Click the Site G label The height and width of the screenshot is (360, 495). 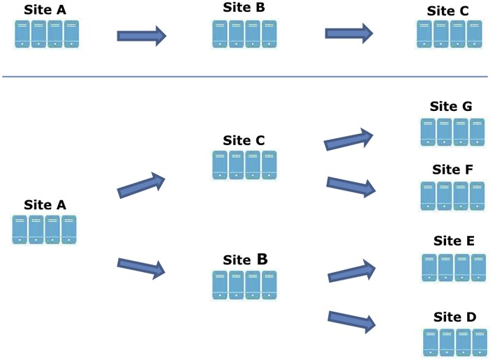[450, 107]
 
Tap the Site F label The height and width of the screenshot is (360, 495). [452, 170]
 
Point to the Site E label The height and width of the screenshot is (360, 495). [454, 241]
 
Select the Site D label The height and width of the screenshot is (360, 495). [455, 317]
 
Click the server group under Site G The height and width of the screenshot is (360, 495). [452, 131]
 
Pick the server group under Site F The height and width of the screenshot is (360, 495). [452, 195]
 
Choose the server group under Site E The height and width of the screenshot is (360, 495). [454, 267]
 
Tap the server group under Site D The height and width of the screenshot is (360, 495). [455, 342]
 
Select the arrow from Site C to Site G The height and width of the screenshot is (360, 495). [349, 140]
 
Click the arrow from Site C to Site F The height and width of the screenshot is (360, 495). [350, 186]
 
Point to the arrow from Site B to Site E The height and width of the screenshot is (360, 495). [352, 271]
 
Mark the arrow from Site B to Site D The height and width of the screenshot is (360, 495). [352, 320]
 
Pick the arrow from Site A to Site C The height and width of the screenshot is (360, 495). [141, 186]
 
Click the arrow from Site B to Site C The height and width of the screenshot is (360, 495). [348, 33]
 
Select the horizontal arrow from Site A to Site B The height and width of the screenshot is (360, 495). [141, 35]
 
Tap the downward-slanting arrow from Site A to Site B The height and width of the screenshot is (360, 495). [141, 267]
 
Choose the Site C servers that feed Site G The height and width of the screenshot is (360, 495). [244, 166]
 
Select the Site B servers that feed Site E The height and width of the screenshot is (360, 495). [244, 285]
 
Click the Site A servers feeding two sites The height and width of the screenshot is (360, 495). [44, 229]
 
